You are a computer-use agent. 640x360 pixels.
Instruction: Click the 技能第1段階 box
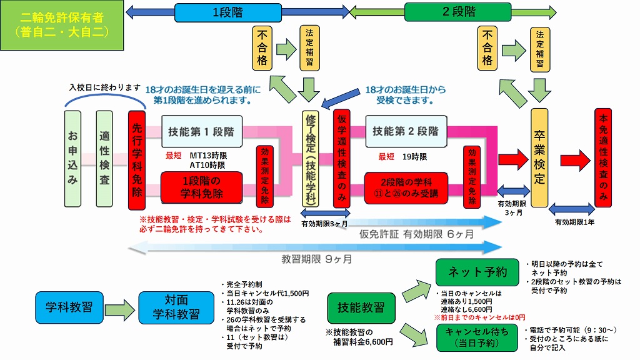point(201,132)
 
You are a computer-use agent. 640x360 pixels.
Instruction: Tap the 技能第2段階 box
point(406,132)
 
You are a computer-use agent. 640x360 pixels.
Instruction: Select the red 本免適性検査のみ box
point(603,159)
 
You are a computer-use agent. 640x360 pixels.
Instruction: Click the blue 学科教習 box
point(69,307)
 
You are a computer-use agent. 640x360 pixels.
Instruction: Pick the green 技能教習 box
point(361,307)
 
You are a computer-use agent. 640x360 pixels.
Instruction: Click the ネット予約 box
point(476,272)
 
